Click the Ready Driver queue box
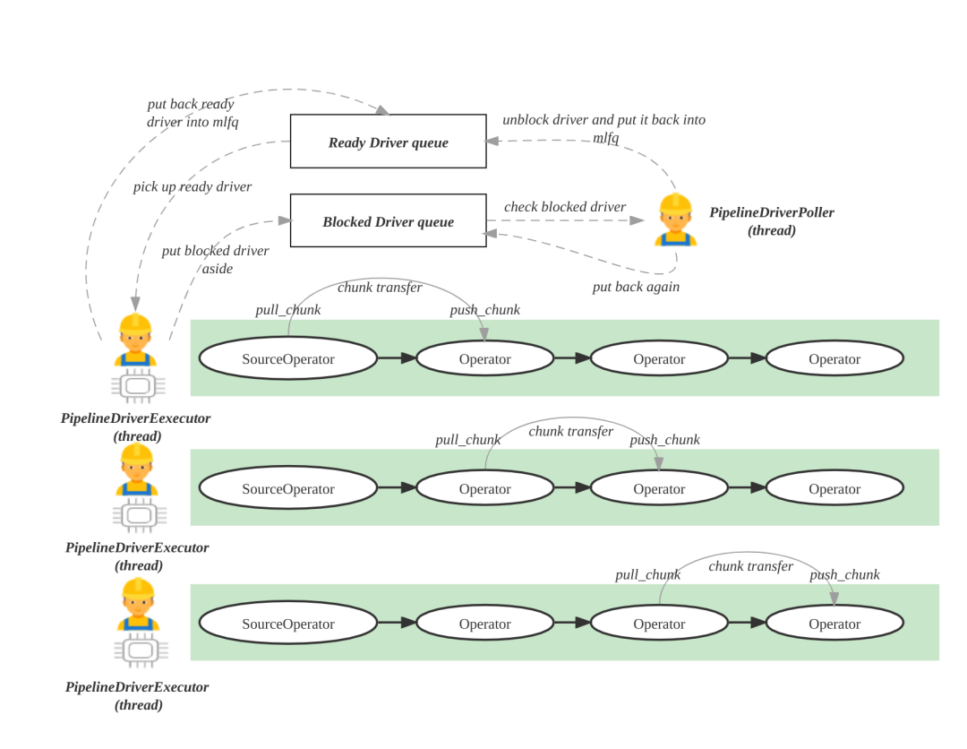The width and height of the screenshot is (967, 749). pyautogui.click(x=388, y=142)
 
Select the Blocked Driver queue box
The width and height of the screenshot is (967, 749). pyautogui.click(x=388, y=220)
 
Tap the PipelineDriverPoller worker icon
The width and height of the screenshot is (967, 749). pyautogui.click(x=675, y=220)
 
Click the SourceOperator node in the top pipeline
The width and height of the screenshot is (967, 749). pyautogui.click(x=287, y=358)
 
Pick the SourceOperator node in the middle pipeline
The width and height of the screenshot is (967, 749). pyautogui.click(x=287, y=488)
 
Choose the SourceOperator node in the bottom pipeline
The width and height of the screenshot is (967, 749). pyautogui.click(x=287, y=624)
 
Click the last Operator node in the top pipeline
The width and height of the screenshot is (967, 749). pyautogui.click(x=834, y=358)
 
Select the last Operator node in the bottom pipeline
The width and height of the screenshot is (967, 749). pyautogui.click(x=834, y=624)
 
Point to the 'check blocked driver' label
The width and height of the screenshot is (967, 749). pyautogui.click(x=564, y=207)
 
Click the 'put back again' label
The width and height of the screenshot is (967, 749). pyautogui.click(x=636, y=287)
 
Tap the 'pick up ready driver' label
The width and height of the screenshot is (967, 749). pyautogui.click(x=192, y=187)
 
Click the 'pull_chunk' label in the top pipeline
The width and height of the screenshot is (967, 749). pyautogui.click(x=287, y=310)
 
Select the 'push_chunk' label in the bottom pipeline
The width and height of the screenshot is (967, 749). pyautogui.click(x=844, y=574)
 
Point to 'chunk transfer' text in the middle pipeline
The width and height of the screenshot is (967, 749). pyautogui.click(x=570, y=432)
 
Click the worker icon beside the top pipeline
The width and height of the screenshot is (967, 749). pyautogui.click(x=135, y=340)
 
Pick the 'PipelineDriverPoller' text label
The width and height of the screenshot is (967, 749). pyautogui.click(x=771, y=213)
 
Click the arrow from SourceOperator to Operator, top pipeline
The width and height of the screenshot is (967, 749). pyautogui.click(x=396, y=358)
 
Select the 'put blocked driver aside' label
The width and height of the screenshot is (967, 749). pyautogui.click(x=215, y=259)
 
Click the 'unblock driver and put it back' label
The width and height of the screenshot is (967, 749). pyautogui.click(x=603, y=127)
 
